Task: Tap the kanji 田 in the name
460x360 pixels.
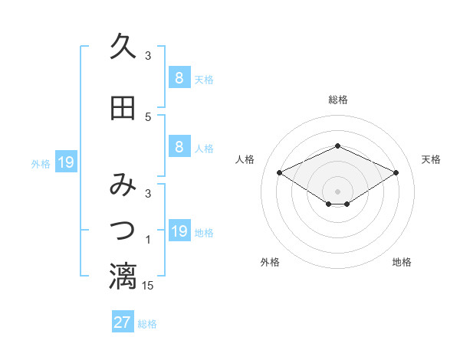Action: [123, 108]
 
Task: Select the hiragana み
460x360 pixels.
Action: [123, 185]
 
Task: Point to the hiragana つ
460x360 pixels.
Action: [123, 228]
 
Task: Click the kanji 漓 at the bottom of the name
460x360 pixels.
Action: [123, 277]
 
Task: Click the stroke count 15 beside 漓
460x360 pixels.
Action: [148, 286]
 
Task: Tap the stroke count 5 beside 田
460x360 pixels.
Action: [148, 117]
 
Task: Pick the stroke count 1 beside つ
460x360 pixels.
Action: [148, 241]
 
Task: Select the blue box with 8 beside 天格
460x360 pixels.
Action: [179, 78]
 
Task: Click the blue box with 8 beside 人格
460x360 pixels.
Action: [179, 147]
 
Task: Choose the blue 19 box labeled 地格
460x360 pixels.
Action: [179, 231]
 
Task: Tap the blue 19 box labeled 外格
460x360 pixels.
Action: [65, 162]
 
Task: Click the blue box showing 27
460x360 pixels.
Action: [122, 322]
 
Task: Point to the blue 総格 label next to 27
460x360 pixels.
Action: [147, 324]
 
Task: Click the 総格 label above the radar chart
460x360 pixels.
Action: [338, 100]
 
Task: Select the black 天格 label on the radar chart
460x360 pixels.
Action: [431, 159]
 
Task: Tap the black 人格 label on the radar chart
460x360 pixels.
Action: [245, 159]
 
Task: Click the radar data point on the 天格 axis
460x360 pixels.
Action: [396, 172]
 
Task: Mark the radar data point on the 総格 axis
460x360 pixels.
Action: [337, 146]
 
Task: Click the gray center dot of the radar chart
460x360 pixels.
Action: [337, 191]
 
